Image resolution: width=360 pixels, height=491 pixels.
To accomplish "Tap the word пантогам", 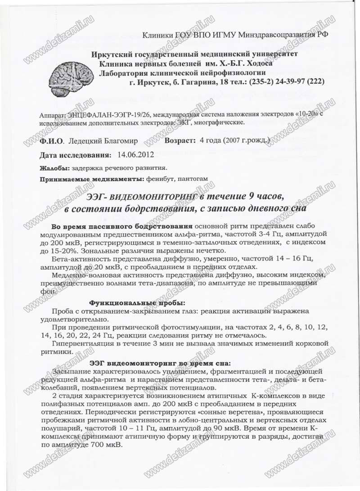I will tap(193, 179).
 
